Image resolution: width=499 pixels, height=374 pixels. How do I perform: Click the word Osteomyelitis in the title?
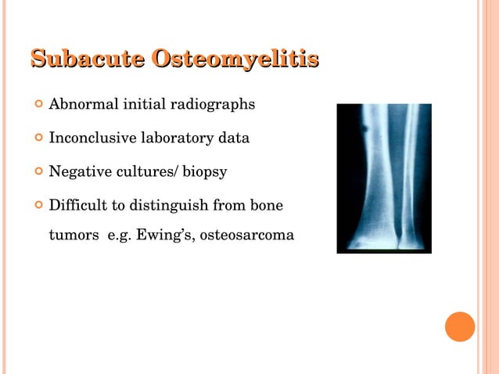click(x=235, y=60)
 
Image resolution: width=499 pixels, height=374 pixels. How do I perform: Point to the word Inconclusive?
click(x=92, y=138)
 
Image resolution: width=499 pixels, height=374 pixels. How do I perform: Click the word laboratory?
click(x=178, y=138)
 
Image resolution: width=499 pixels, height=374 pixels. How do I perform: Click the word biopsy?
click(x=204, y=173)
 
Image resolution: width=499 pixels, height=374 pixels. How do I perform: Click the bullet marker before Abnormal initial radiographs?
click(x=35, y=105)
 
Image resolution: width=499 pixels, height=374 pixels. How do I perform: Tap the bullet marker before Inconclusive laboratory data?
click(x=35, y=139)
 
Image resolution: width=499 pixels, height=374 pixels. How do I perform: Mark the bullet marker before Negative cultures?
click(x=35, y=173)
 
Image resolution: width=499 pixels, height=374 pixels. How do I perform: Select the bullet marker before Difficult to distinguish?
click(x=35, y=207)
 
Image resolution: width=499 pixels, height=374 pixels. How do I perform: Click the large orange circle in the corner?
click(x=460, y=326)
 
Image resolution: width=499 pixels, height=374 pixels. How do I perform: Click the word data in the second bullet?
click(x=235, y=138)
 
